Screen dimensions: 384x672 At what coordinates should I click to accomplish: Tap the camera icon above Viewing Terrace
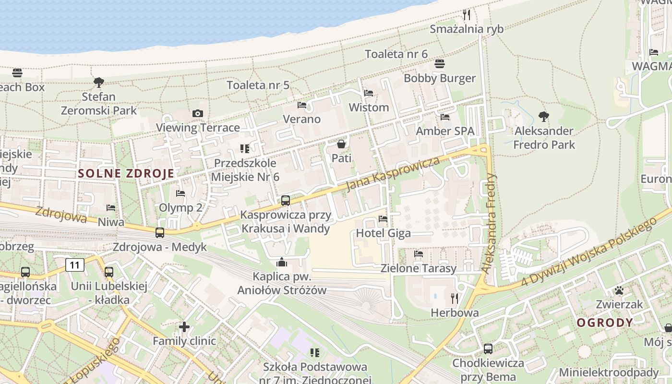197,114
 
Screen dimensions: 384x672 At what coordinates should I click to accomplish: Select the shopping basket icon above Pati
341,144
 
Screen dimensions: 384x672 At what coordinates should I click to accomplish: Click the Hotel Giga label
383,233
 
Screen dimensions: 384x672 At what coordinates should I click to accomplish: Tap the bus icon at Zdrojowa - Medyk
160,233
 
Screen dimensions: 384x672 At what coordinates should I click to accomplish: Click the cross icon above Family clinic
184,327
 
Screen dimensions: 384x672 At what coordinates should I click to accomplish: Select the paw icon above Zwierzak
619,290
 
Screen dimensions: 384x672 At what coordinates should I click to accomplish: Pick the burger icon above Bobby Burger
440,64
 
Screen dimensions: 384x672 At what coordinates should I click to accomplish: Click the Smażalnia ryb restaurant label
467,29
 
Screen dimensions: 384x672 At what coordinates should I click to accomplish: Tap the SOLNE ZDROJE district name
126,173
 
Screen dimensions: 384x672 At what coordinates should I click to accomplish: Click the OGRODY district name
605,323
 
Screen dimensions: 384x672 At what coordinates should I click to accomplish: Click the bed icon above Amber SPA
445,117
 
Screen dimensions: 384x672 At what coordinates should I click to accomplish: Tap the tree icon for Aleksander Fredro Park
544,117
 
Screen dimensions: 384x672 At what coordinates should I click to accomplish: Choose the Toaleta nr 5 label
258,85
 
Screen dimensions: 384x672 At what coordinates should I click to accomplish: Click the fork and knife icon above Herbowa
455,299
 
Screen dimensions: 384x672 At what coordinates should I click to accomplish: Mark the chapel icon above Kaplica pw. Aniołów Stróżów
282,262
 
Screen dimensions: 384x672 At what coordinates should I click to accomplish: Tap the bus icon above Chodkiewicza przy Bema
488,349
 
